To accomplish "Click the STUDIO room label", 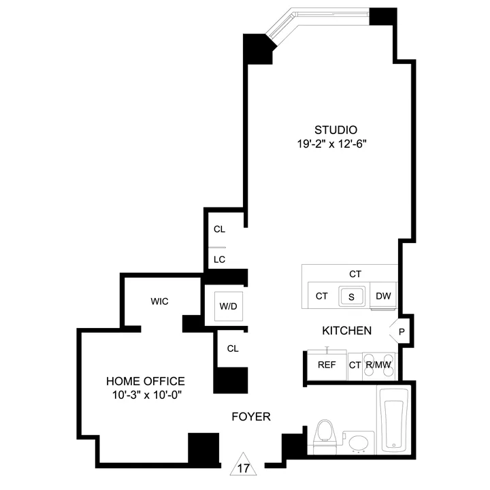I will (x=336, y=130).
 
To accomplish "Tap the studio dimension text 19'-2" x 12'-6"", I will (x=336, y=144).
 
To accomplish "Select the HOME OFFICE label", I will (x=145, y=381).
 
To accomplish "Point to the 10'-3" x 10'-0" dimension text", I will (x=145, y=395).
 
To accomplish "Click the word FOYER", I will (x=250, y=416).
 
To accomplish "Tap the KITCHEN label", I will (x=346, y=331).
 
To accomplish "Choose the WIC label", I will (x=160, y=301).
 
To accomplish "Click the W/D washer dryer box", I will (x=227, y=306).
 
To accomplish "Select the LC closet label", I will (x=219, y=259).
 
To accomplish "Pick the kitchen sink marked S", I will (x=352, y=296).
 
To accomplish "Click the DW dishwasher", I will (x=382, y=295).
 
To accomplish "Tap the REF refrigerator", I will (x=327, y=365).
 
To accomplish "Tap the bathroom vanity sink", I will (x=359, y=442).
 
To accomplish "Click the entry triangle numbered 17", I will (x=244, y=467).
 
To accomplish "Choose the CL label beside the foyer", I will (x=233, y=348).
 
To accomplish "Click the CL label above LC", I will (x=219, y=229).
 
